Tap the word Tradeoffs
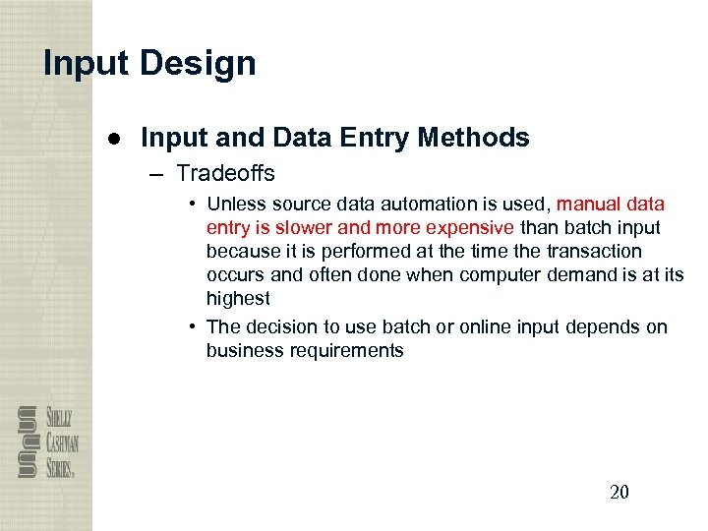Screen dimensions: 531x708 point(225,174)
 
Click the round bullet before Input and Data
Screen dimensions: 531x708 point(115,139)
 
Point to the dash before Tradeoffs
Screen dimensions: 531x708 point(157,174)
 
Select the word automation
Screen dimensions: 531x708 point(452,205)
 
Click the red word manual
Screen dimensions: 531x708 point(588,205)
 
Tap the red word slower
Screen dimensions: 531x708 point(302,228)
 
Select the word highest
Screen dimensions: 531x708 point(237,299)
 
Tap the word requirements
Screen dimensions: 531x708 point(346,351)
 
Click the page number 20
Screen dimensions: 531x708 point(619,492)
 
